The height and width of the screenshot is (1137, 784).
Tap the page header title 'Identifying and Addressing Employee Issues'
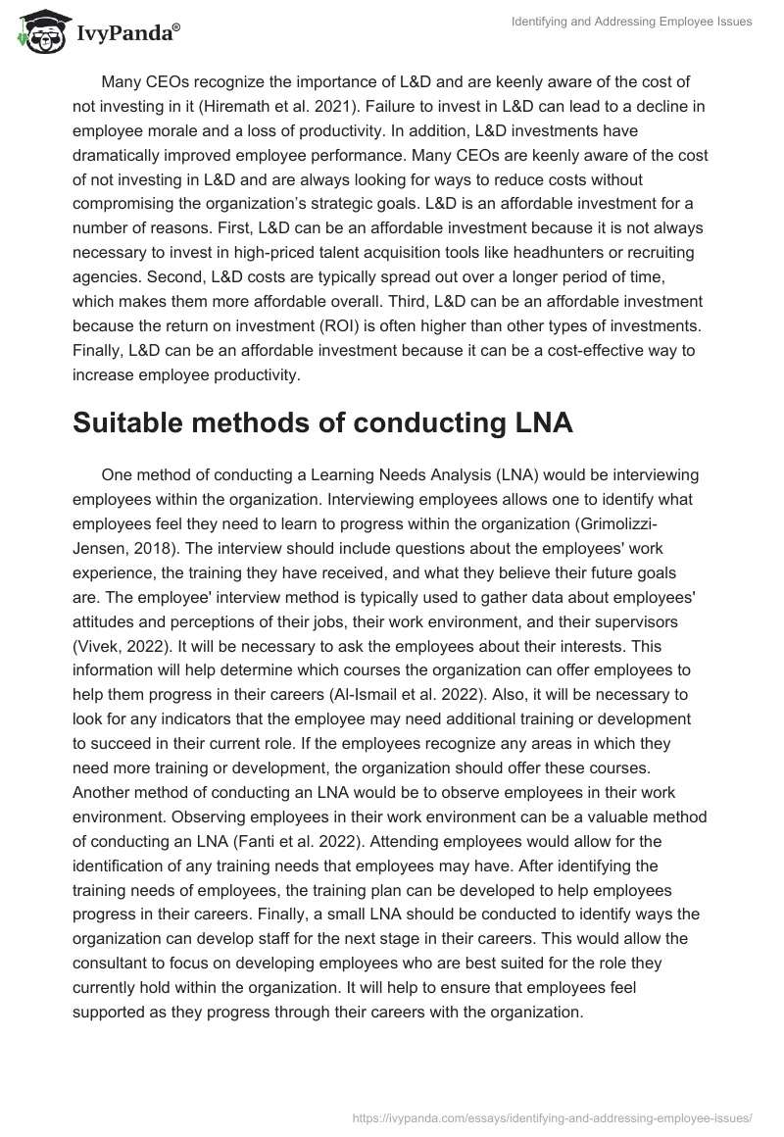pyautogui.click(x=632, y=22)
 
